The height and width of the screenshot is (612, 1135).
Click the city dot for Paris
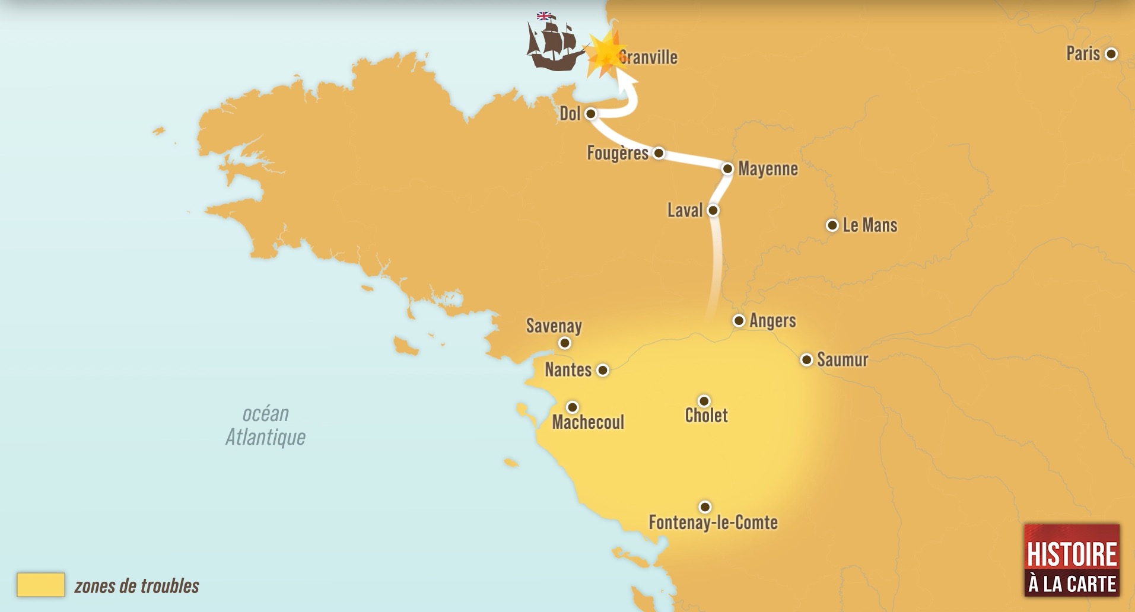(x=1111, y=54)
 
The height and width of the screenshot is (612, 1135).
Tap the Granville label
(x=648, y=58)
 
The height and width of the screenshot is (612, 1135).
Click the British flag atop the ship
(x=543, y=16)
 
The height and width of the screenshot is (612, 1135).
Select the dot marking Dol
(x=590, y=113)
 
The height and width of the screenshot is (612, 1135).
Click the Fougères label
(x=617, y=153)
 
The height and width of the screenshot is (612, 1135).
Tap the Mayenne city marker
(x=728, y=169)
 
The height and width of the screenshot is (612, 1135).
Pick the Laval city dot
(x=713, y=210)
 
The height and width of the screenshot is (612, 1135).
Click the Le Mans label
(x=870, y=225)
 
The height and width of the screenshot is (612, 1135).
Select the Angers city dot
(x=739, y=321)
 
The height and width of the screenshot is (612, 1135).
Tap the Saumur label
(x=842, y=360)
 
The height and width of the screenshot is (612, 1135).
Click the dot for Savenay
(x=565, y=343)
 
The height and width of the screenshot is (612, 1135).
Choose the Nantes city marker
(x=603, y=370)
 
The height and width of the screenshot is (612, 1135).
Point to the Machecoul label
(x=588, y=422)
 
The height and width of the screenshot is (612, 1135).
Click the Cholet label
(x=706, y=415)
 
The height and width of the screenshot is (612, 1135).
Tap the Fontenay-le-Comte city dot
(x=705, y=506)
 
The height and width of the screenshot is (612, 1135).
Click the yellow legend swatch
(x=40, y=585)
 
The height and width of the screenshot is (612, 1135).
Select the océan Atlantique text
(x=265, y=425)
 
